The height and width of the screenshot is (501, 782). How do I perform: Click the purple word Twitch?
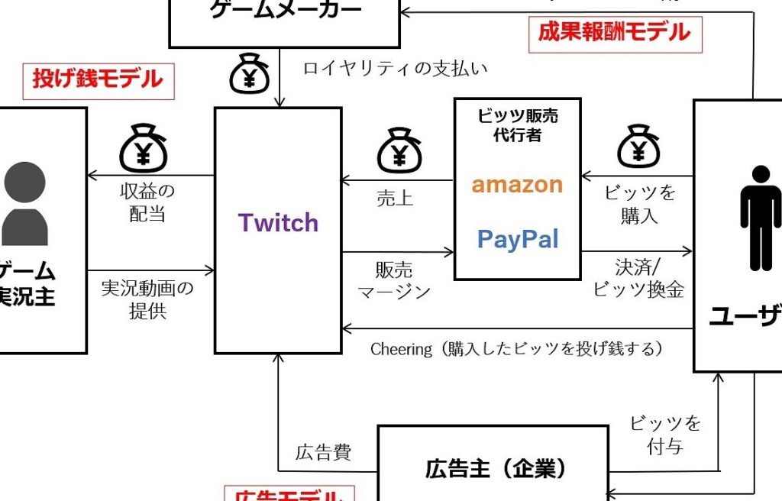tap(278, 223)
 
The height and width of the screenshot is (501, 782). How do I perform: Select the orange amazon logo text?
tap(517, 184)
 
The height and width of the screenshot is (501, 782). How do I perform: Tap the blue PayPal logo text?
tap(518, 240)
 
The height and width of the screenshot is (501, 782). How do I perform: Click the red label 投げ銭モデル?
tap(98, 79)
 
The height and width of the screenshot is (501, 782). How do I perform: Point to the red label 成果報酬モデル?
tap(614, 32)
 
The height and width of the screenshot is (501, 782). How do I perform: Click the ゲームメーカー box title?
tap(284, 11)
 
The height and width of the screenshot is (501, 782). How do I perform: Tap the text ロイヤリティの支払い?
tap(395, 68)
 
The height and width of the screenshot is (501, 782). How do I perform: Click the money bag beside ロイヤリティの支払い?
tap(250, 73)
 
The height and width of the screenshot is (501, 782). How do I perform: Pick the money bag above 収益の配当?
tap(143, 150)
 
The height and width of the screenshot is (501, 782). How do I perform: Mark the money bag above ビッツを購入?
tap(638, 146)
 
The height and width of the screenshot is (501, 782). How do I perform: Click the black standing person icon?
tap(760, 218)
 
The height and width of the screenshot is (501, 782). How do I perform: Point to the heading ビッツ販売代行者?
tap(517, 124)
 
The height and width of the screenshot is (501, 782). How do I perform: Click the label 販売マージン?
tap(395, 280)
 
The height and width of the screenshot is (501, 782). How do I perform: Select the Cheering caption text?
tap(516, 349)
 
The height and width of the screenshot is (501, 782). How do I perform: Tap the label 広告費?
tap(323, 453)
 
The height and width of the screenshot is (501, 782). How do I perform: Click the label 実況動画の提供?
tap(147, 299)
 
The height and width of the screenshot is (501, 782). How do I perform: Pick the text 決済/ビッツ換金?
tap(638, 279)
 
